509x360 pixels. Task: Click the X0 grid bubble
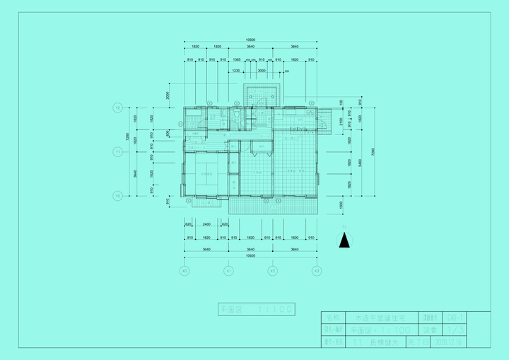(185, 271)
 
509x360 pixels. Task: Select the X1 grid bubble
(228, 271)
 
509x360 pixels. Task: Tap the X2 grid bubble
(272, 271)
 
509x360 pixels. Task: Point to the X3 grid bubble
(317, 271)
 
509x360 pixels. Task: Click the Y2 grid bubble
(117, 108)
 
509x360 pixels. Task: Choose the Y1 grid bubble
(117, 151)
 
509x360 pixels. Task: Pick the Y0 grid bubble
(117, 195)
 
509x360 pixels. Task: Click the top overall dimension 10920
(250, 40)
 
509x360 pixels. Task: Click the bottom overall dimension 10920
(250, 256)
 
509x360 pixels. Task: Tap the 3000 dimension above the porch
(262, 71)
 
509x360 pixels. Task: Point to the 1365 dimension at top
(237, 59)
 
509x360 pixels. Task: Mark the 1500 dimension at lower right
(340, 204)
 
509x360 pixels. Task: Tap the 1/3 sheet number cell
(456, 330)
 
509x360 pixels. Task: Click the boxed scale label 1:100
(256, 310)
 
